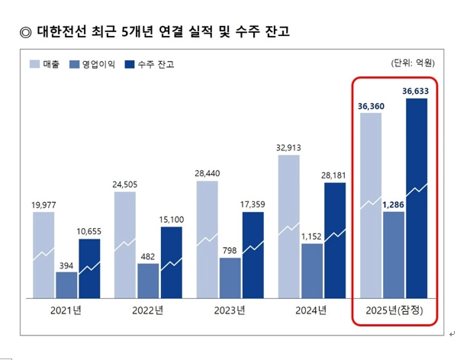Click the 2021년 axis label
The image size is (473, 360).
[x=66, y=310]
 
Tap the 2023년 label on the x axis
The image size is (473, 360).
[x=230, y=310]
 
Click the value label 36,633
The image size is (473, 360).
[x=417, y=91]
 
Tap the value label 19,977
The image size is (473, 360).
[x=43, y=204]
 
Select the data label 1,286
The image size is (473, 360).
[x=394, y=204]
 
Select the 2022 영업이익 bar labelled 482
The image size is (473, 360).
[x=149, y=280]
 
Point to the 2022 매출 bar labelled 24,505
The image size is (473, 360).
[x=125, y=244]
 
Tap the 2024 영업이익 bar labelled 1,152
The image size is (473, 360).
[x=312, y=270]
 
